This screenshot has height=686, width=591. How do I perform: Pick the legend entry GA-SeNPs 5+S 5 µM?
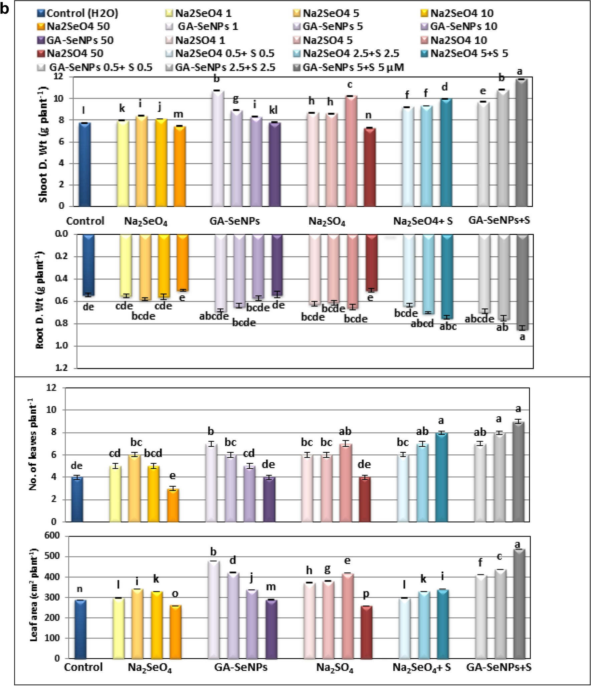click(353, 67)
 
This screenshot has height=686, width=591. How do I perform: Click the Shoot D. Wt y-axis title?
click(44, 144)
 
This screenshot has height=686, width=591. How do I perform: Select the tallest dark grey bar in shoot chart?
click(521, 143)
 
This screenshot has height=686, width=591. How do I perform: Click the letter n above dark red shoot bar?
click(368, 115)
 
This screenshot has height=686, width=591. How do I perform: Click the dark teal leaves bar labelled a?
click(441, 477)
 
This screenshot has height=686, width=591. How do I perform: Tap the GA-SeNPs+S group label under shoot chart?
click(499, 220)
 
